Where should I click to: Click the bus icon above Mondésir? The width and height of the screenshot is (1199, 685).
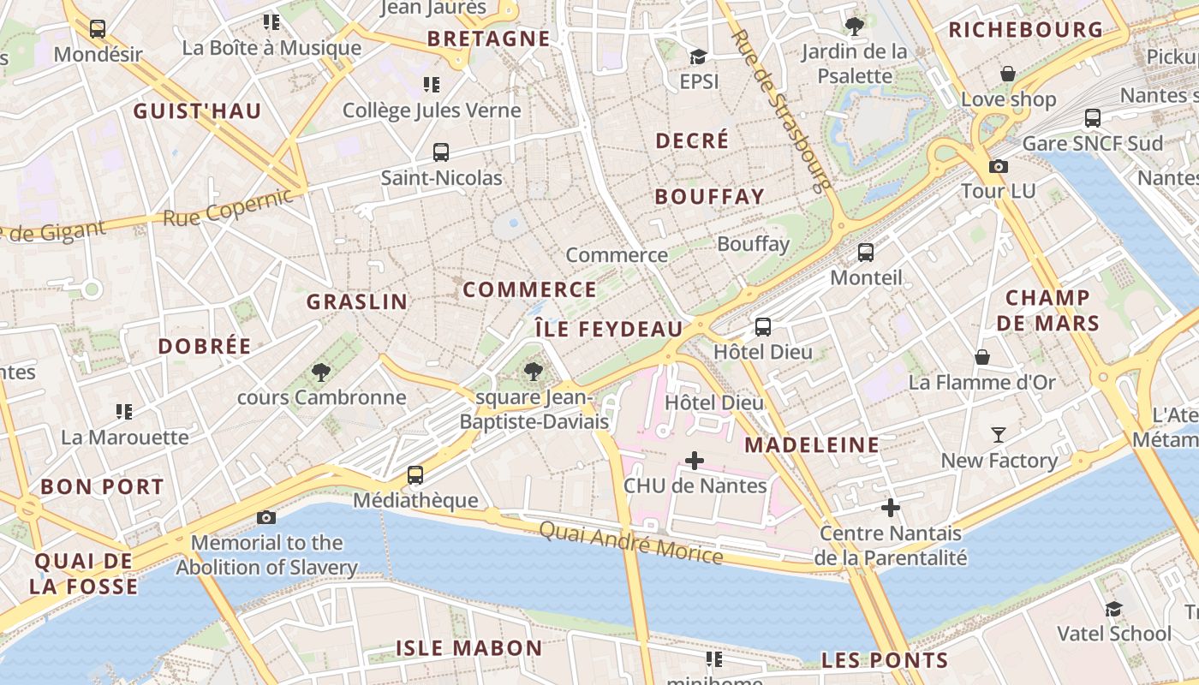(97, 29)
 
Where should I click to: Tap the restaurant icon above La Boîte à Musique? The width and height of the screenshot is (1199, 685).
(271, 21)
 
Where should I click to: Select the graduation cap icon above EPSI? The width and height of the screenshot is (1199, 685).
(699, 57)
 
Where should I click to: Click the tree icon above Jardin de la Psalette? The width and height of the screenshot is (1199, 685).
(854, 26)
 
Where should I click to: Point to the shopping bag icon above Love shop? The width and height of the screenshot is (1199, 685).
(1008, 74)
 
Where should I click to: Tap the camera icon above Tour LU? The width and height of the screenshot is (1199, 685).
(999, 166)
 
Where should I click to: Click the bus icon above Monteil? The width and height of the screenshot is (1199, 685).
(866, 253)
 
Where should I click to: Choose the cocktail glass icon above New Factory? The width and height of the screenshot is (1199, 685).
(999, 435)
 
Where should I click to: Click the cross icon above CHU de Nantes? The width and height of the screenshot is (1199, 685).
(695, 461)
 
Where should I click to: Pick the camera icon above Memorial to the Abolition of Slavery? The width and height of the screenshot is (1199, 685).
(266, 517)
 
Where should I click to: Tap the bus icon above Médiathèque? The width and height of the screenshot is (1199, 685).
(415, 474)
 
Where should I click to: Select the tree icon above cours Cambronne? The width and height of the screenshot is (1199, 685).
(321, 372)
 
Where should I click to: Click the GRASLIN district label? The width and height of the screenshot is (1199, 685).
(357, 301)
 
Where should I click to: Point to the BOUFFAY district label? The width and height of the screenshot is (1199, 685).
(709, 196)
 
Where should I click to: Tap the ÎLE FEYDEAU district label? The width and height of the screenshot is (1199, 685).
(609, 329)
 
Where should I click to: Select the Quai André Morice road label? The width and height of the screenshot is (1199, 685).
(631, 543)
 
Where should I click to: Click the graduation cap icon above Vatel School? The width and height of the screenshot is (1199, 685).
(1113, 609)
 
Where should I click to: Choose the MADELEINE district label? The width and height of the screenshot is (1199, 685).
(812, 444)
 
